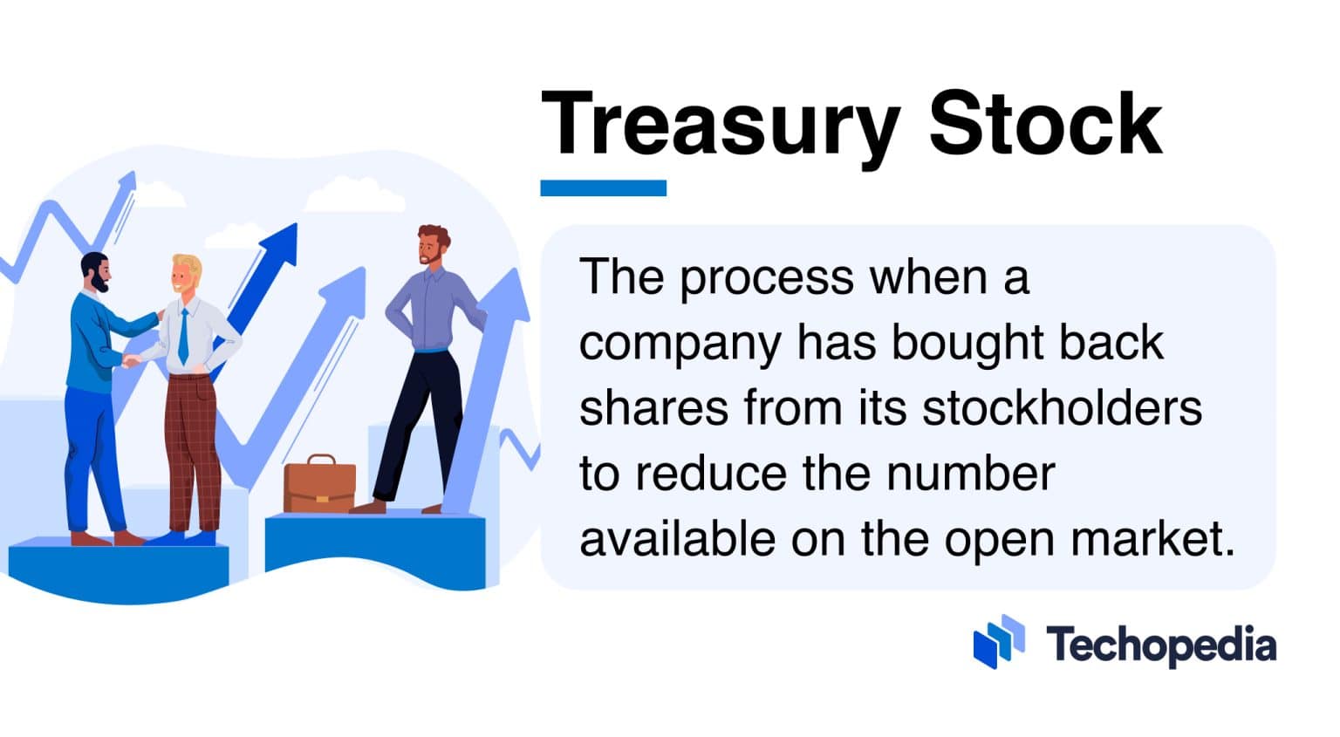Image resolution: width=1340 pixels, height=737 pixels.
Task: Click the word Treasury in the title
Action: pyautogui.click(x=720, y=124)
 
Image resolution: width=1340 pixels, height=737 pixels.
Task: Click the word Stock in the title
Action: pyautogui.click(x=1044, y=124)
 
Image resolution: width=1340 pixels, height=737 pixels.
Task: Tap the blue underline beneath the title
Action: pyautogui.click(x=603, y=188)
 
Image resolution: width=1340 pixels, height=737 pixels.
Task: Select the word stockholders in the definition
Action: pyautogui.click(x=1062, y=407)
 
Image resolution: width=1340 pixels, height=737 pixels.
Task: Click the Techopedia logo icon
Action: pyautogui.click(x=999, y=642)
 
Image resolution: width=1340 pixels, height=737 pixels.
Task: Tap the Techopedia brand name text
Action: pyautogui.click(x=1161, y=645)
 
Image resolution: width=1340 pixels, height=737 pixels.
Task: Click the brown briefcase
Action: pyautogui.click(x=319, y=485)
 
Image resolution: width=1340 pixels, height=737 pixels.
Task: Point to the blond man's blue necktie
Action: pyautogui.click(x=183, y=337)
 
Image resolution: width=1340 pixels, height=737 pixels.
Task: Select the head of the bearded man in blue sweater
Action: pyautogui.click(x=95, y=273)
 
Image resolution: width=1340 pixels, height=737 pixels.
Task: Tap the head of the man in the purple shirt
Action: pyautogui.click(x=432, y=246)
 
